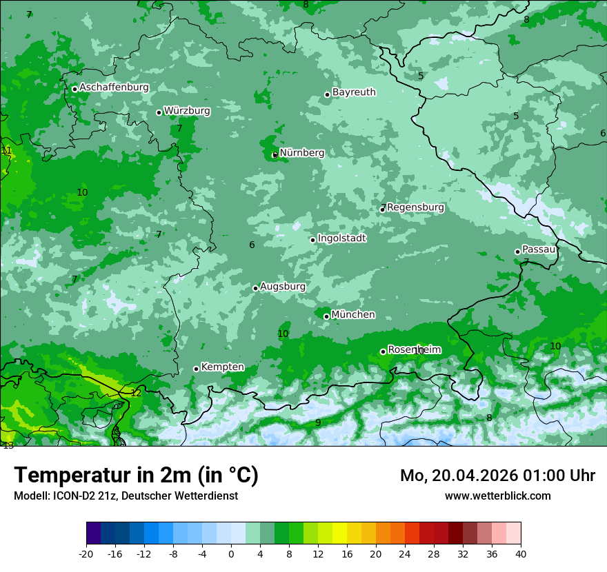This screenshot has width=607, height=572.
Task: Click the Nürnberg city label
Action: click(x=301, y=153)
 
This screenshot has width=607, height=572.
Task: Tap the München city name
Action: click(x=353, y=315)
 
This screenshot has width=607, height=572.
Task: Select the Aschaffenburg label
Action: click(x=114, y=88)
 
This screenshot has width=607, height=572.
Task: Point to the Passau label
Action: click(x=539, y=249)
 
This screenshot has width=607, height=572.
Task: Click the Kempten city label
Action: click(x=222, y=367)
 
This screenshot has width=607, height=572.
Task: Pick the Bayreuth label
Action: click(x=354, y=92)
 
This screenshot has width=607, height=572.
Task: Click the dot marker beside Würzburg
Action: click(x=159, y=112)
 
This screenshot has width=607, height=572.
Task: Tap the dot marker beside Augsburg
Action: click(x=255, y=288)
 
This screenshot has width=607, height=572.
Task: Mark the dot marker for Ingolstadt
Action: click(x=312, y=240)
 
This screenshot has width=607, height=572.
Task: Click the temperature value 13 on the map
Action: click(x=8, y=446)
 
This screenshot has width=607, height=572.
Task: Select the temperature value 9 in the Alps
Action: click(x=318, y=422)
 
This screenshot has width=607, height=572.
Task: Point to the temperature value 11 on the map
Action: click(x=7, y=150)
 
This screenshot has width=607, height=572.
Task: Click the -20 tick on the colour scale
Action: click(x=86, y=553)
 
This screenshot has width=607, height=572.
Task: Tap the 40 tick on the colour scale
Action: click(x=520, y=553)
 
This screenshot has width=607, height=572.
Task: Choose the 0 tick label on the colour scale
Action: click(x=231, y=553)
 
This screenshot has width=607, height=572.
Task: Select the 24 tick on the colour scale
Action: click(x=405, y=553)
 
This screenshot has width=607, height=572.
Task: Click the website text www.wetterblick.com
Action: click(x=497, y=496)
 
